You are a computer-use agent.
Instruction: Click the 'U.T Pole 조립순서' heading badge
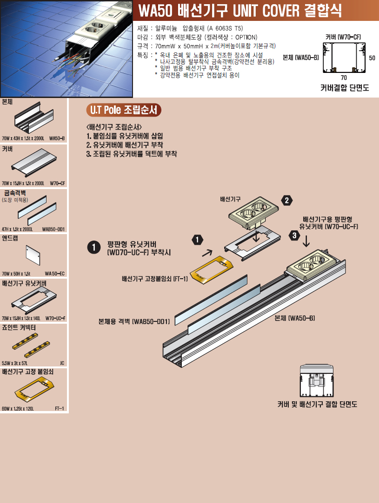point(124,110)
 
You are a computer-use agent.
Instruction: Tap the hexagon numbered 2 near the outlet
point(286,201)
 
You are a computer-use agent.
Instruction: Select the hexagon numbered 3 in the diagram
point(294,236)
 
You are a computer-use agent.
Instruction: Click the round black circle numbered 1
point(94,248)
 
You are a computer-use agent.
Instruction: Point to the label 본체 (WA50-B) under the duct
point(294,318)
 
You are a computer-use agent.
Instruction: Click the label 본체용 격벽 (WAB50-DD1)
point(134,321)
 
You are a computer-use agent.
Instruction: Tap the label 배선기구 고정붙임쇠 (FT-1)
point(155,279)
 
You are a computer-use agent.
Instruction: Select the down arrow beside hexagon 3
point(306,241)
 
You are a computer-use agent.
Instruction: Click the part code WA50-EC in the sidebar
point(54,274)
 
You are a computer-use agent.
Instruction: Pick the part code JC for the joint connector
point(62,363)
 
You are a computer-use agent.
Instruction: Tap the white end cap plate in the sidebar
point(33,255)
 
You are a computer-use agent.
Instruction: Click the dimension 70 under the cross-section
point(344,78)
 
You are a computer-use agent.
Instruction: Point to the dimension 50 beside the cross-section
point(372,58)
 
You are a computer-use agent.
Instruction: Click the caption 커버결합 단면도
point(345,88)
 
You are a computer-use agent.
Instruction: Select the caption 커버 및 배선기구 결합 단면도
point(317,404)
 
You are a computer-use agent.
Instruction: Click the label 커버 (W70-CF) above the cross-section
point(343,37)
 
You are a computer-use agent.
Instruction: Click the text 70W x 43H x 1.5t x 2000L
point(23,138)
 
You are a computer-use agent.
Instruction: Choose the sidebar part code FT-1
point(60,408)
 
